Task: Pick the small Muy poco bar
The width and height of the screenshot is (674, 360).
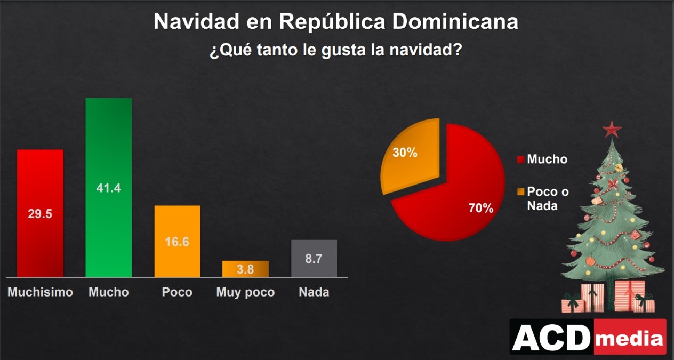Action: [x=245, y=269]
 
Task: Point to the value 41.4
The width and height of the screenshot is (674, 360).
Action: [x=109, y=188]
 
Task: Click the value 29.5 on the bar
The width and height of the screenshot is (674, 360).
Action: [x=40, y=214]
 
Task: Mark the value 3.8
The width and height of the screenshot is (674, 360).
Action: [x=245, y=269]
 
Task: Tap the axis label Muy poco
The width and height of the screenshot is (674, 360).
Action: [x=245, y=292]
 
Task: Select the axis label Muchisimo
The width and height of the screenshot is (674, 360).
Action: [x=40, y=292]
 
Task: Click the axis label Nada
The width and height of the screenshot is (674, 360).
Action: [x=314, y=292]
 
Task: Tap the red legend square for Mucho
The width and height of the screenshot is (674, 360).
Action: [x=520, y=159]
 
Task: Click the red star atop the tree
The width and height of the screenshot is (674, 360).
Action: [x=612, y=129]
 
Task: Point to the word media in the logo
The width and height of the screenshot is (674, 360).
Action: [x=630, y=338]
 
